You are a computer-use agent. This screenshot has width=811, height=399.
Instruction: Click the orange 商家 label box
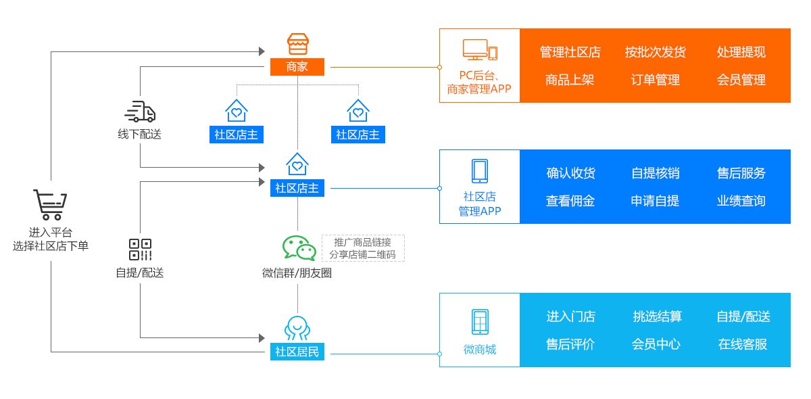point(297,66)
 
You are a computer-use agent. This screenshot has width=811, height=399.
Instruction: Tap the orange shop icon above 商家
point(297,44)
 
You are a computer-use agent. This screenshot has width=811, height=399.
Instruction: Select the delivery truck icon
point(140,112)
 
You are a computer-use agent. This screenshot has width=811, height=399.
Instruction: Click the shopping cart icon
point(51,205)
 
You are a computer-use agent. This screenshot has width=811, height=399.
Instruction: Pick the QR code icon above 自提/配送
point(140,249)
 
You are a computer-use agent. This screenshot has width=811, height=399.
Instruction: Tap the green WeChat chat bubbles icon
point(299,248)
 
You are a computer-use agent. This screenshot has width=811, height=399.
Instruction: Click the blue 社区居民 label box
point(297,352)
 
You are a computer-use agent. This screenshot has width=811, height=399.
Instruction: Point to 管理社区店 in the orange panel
point(570,52)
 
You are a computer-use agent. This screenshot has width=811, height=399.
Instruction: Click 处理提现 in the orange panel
point(741,52)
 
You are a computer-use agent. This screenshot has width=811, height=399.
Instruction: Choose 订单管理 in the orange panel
point(656,80)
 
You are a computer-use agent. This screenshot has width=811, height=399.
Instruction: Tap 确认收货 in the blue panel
point(570,173)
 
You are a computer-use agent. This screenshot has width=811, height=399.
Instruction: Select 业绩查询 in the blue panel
point(741,201)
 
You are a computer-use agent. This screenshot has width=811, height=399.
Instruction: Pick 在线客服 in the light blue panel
point(743,344)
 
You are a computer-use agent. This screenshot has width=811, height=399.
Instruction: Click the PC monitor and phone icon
point(480,50)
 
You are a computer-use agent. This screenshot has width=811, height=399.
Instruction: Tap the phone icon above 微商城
point(480,321)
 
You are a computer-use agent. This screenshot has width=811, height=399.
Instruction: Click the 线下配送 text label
point(140,134)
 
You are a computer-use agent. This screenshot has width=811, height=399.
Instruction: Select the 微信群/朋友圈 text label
point(297,273)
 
